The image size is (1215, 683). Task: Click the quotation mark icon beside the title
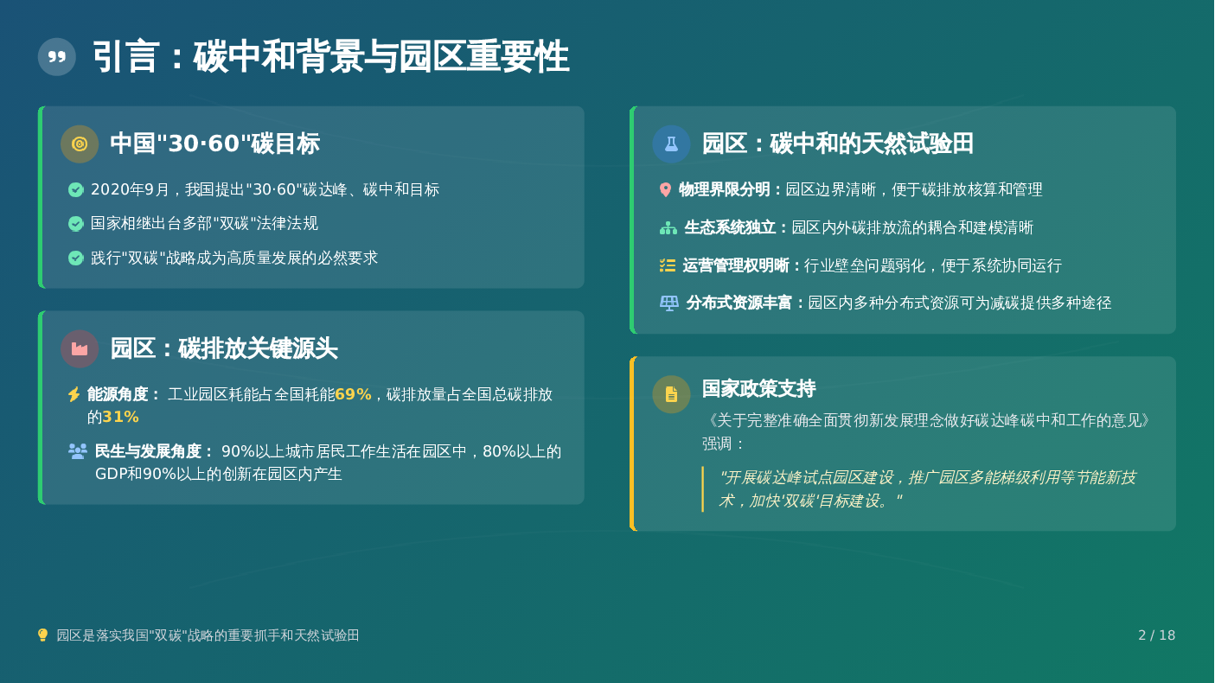[57, 57]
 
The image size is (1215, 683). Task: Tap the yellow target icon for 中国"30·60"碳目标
[80, 144]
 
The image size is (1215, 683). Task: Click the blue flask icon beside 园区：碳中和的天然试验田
[672, 144]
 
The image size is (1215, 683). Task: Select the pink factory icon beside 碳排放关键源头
[80, 349]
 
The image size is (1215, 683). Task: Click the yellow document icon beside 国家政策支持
[672, 394]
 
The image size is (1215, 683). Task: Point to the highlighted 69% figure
[353, 394]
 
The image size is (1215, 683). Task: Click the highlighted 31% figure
[120, 418]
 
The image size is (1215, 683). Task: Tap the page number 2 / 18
[1156, 635]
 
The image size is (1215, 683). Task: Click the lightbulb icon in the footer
[43, 635]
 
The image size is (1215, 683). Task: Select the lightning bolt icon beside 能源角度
[74, 394]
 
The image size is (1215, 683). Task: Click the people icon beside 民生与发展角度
[78, 451]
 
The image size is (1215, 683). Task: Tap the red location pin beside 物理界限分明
[666, 189]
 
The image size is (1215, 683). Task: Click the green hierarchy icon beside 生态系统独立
[668, 228]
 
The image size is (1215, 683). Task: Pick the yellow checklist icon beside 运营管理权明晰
[667, 265]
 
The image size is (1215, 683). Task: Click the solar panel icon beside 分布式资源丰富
[668, 303]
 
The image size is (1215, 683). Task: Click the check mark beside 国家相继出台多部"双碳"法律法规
[76, 224]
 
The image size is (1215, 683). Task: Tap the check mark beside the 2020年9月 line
[76, 189]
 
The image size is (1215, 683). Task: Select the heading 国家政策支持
[758, 389]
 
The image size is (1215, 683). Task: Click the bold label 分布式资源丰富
[739, 303]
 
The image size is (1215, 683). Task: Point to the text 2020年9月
[131, 189]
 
